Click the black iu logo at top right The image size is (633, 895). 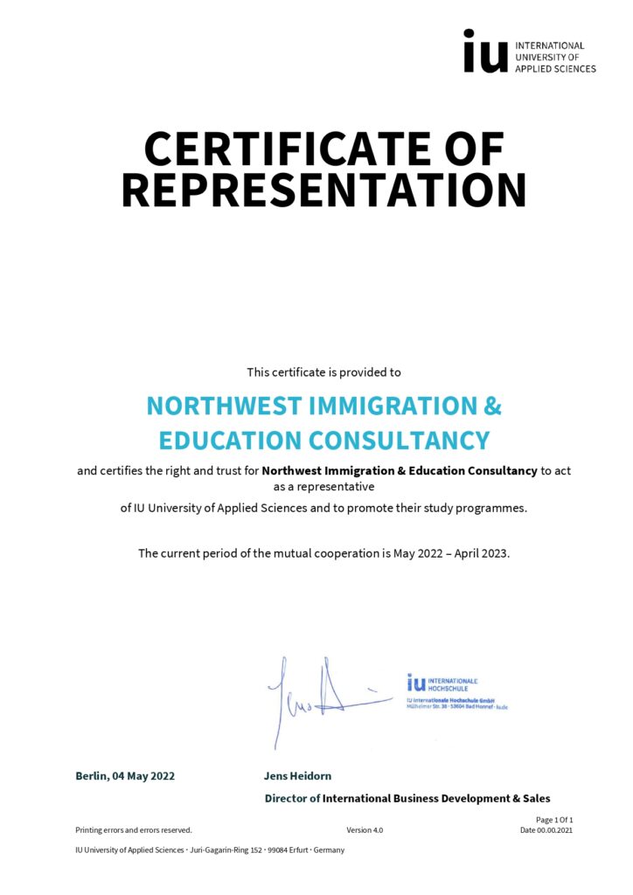(x=484, y=51)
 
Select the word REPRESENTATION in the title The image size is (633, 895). (x=323, y=190)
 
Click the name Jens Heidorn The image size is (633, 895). (x=297, y=776)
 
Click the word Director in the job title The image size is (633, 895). (x=285, y=798)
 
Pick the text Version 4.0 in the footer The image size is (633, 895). (x=365, y=830)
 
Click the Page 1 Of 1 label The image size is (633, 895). (x=554, y=820)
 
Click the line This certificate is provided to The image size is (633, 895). (x=323, y=372)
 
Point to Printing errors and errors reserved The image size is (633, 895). (x=134, y=830)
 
